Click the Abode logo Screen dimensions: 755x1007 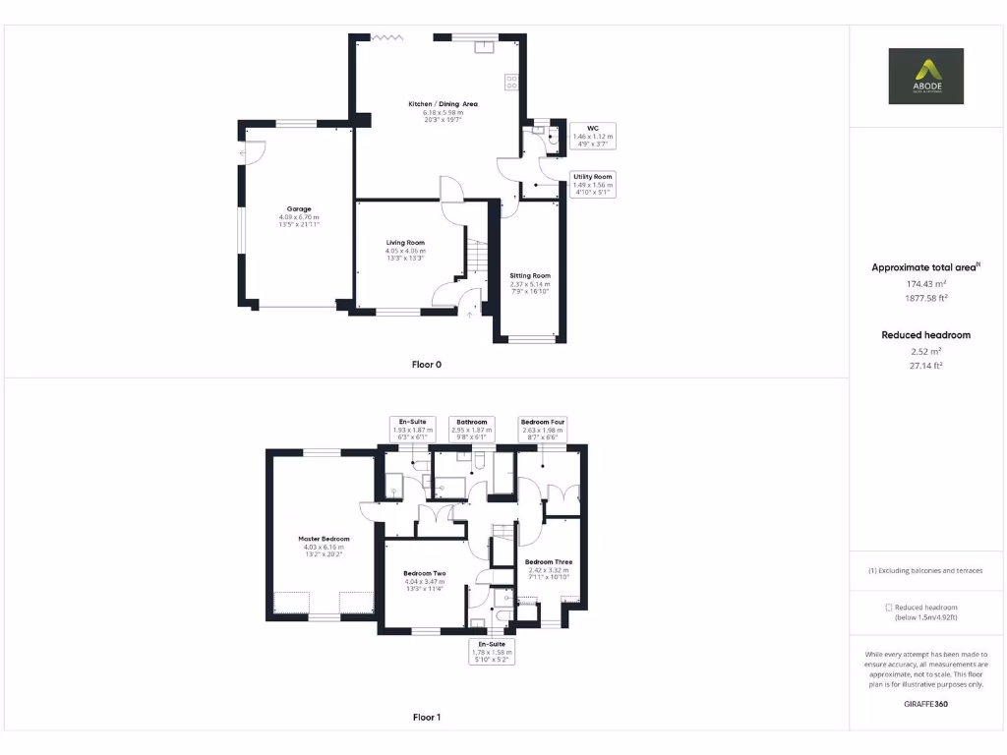(x=925, y=76)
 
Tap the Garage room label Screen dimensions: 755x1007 (x=299, y=209)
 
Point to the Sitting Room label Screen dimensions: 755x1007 (x=530, y=276)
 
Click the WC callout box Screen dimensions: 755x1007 (x=592, y=136)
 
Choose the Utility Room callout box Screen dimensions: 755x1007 (x=592, y=184)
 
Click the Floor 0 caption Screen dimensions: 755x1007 (x=426, y=364)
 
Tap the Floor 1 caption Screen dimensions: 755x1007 (x=426, y=718)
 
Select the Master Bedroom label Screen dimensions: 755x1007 (x=324, y=539)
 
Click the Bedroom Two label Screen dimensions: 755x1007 (x=425, y=573)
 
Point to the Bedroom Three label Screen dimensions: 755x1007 (x=549, y=562)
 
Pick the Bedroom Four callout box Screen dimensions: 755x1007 (x=542, y=428)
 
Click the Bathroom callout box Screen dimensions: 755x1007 (x=471, y=428)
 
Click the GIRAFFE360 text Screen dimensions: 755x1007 (x=925, y=704)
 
